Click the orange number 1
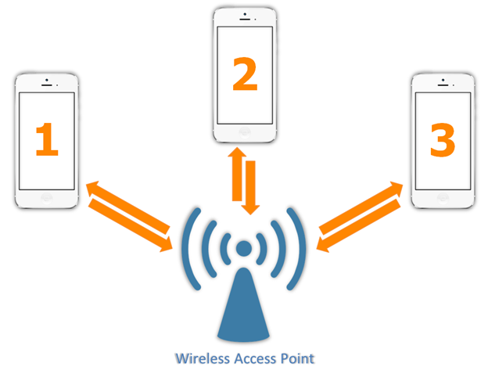[x=46, y=140]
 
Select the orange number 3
[x=442, y=140]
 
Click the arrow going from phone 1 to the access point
[x=133, y=227]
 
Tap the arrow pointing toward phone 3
[x=361, y=206]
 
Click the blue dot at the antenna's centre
[x=244, y=250]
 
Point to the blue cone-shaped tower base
[x=244, y=305]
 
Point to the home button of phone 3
[x=442, y=200]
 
